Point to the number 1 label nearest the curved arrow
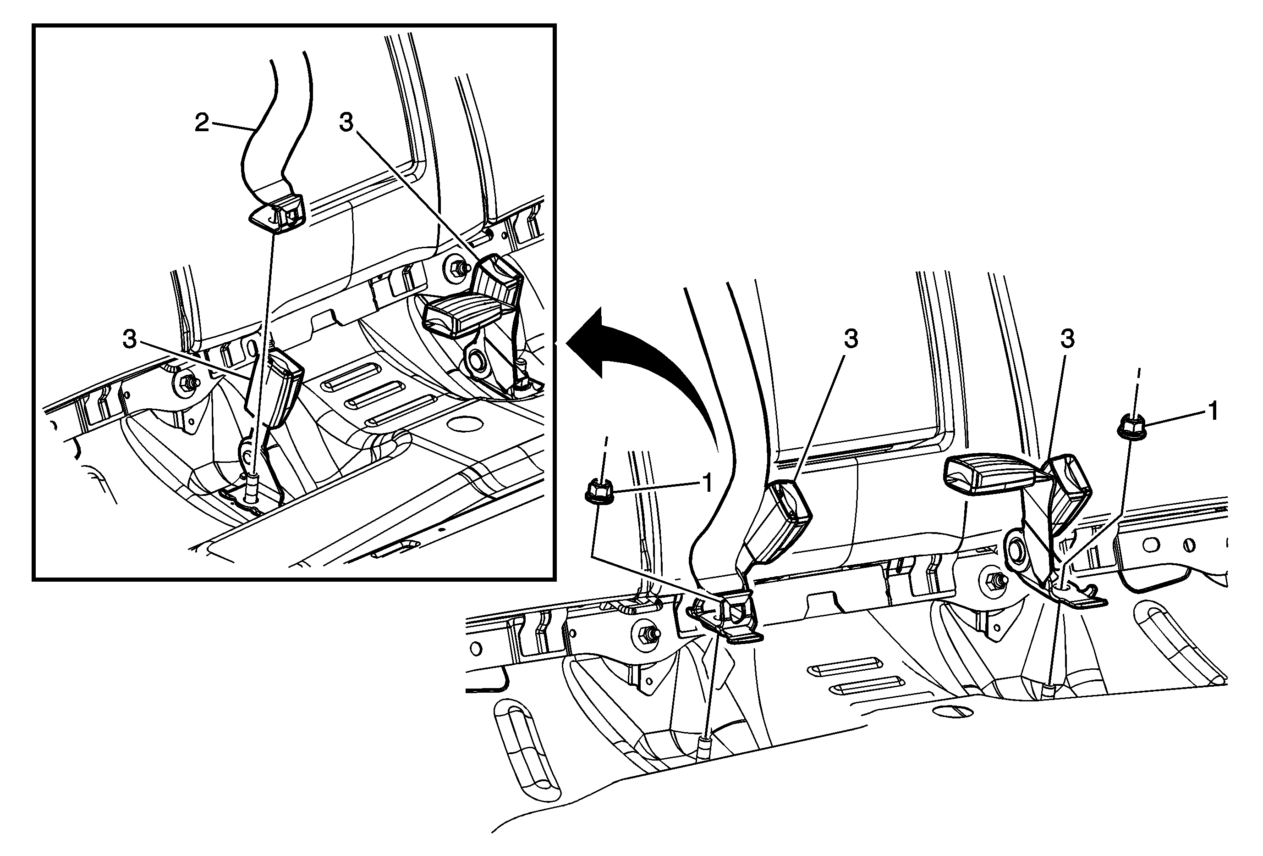point(707,483)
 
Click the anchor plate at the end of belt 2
point(278,213)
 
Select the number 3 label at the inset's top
point(346,122)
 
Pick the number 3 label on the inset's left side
point(129,339)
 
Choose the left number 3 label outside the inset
point(850,339)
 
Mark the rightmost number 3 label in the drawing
point(1067,339)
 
